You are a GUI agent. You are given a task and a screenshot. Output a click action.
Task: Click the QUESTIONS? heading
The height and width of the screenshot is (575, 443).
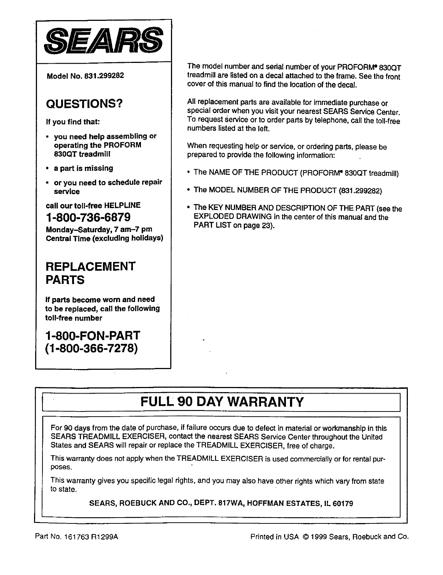pos(84,104)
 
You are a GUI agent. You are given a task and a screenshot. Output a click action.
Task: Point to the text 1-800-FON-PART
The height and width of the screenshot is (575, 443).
pos(93,335)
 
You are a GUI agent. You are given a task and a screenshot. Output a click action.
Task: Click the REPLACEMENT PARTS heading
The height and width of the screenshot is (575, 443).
pos(90,273)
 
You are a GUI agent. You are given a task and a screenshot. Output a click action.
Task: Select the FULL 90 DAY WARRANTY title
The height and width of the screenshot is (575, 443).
pos(222,402)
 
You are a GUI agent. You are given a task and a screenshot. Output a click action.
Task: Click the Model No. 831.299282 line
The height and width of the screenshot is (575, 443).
pos(85,76)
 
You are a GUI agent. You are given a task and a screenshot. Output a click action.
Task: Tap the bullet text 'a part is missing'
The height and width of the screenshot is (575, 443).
pos(83,168)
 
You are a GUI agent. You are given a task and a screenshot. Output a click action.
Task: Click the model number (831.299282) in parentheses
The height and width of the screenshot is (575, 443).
pos(361,191)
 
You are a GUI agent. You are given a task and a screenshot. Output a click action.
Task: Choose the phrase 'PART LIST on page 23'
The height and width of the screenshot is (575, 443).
pos(232,226)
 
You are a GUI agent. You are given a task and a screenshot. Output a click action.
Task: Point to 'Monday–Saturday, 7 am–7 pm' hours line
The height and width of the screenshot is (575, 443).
pos(99,230)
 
